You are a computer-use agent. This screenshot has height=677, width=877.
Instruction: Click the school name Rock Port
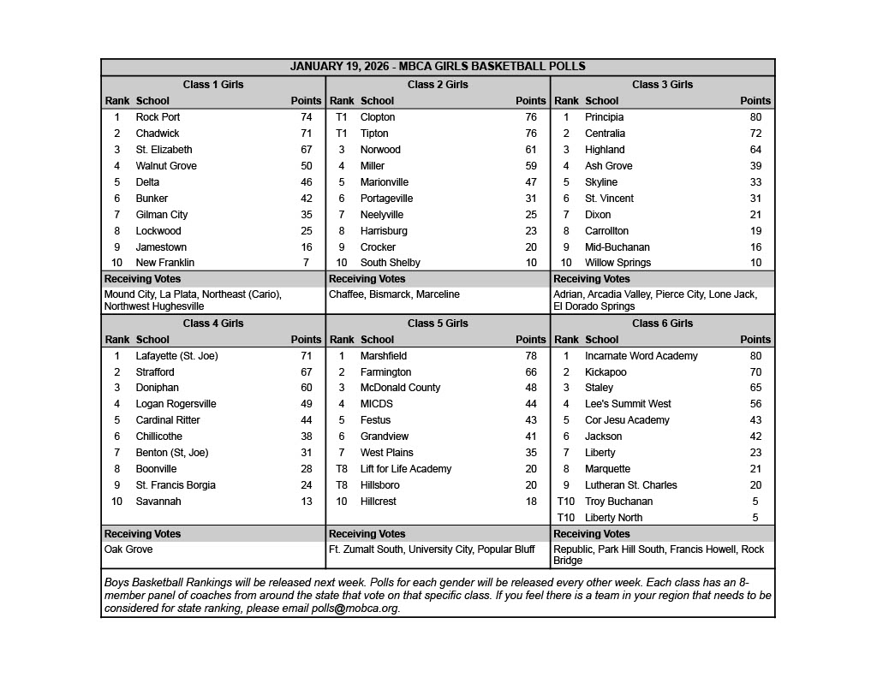tap(158, 117)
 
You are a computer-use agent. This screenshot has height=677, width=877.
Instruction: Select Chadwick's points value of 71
tap(306, 134)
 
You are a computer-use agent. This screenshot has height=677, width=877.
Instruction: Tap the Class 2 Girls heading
tap(438, 85)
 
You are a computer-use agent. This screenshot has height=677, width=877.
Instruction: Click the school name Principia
tap(604, 117)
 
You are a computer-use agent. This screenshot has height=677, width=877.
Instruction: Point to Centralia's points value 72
tap(755, 134)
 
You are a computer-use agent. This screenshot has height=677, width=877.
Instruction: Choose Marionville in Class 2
tap(384, 182)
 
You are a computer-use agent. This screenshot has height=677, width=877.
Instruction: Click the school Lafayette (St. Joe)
tap(176, 356)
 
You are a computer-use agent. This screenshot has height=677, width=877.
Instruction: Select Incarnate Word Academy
tap(641, 356)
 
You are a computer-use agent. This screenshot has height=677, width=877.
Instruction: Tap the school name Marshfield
tap(383, 356)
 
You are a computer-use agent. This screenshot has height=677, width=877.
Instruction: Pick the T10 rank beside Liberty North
tap(566, 518)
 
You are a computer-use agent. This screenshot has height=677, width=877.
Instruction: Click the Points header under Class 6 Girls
tap(755, 340)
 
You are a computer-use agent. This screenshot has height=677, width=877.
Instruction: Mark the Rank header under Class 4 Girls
tap(117, 340)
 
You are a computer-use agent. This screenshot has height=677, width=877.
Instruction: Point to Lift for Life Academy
tap(405, 469)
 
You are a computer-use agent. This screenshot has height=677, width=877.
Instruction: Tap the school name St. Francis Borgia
tap(176, 485)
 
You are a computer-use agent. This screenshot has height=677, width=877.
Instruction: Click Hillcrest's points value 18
tap(531, 502)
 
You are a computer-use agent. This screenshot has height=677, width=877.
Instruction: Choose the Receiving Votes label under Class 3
tap(591, 279)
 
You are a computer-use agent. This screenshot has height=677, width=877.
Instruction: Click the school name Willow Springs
tap(617, 263)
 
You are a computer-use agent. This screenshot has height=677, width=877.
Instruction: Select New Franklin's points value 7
tap(306, 263)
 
